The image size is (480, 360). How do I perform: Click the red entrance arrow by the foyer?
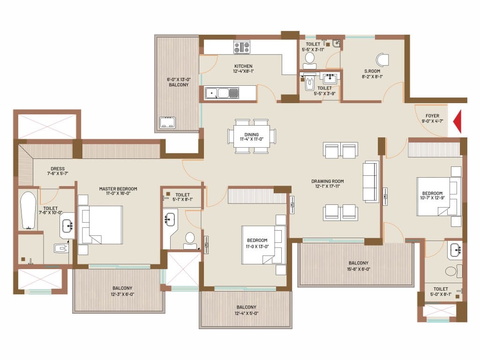tap(458, 122)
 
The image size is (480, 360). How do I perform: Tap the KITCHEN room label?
tap(243, 66)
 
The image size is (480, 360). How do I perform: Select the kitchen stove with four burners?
tap(242, 47)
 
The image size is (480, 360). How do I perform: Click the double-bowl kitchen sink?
tap(222, 93)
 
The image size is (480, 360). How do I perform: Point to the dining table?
tap(252, 136)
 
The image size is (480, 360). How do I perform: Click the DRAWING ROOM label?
tap(328, 181)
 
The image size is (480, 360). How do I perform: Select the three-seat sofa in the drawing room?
tap(371, 181)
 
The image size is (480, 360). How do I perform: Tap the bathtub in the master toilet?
tap(28, 210)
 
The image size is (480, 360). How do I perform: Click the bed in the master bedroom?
tap(100, 225)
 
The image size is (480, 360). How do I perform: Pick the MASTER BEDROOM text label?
tap(118, 189)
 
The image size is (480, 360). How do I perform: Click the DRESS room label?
tap(58, 169)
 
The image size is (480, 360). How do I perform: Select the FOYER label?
tap(432, 116)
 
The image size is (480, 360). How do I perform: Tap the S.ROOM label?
tap(372, 71)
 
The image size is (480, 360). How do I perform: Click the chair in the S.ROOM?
tap(382, 60)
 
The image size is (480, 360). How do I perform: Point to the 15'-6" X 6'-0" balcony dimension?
tap(359, 270)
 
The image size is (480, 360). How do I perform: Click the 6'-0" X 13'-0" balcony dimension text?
tap(179, 80)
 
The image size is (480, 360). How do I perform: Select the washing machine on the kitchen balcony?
tap(167, 122)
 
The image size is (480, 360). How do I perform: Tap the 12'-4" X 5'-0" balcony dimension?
tap(247, 314)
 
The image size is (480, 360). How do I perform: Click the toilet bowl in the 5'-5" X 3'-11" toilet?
tap(310, 61)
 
